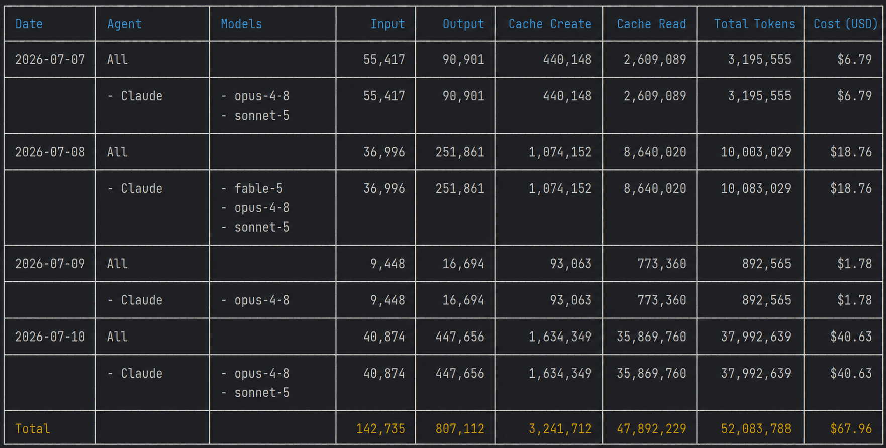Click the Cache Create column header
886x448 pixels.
click(x=550, y=24)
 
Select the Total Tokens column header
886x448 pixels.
click(x=754, y=24)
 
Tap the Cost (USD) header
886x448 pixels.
click(x=845, y=24)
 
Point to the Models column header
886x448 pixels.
click(x=241, y=24)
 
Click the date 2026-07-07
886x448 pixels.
click(x=50, y=60)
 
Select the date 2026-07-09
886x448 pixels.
click(x=50, y=264)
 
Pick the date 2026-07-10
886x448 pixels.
click(x=50, y=337)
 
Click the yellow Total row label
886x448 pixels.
click(x=33, y=429)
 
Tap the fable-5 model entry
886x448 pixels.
click(x=258, y=189)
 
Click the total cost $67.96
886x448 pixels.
click(x=851, y=429)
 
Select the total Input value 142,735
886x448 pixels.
click(x=380, y=429)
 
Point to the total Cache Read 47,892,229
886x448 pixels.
click(x=651, y=429)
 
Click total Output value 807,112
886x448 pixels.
click(x=460, y=429)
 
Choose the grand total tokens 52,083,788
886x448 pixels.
click(x=756, y=429)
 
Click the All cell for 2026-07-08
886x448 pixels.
click(x=117, y=152)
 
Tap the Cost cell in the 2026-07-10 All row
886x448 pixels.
click(x=851, y=337)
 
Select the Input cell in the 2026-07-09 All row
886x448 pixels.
click(x=387, y=264)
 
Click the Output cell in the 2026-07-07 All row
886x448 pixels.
click(x=463, y=60)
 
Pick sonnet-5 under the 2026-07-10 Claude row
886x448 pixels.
click(x=262, y=393)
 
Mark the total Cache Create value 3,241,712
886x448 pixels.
click(x=560, y=429)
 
